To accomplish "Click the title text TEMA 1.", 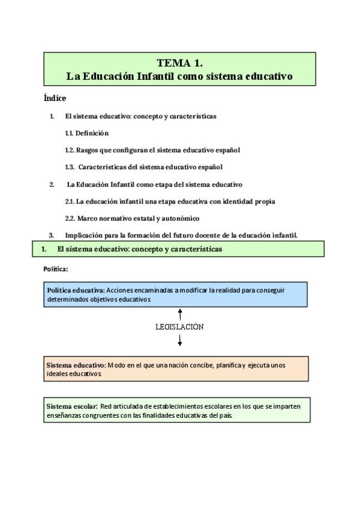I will click(x=179, y=62).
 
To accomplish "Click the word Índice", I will click(x=55, y=98).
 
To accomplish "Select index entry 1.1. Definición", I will click(x=87, y=133).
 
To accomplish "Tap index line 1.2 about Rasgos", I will click(x=152, y=150).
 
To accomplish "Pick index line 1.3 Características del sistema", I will click(x=144, y=167).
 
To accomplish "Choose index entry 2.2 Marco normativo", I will click(x=132, y=218).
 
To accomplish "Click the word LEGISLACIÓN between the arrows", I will click(x=179, y=327).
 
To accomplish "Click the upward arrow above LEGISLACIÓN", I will click(x=180, y=314).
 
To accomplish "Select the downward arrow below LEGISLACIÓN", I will click(x=180, y=340).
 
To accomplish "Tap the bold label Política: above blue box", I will click(x=56, y=269).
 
